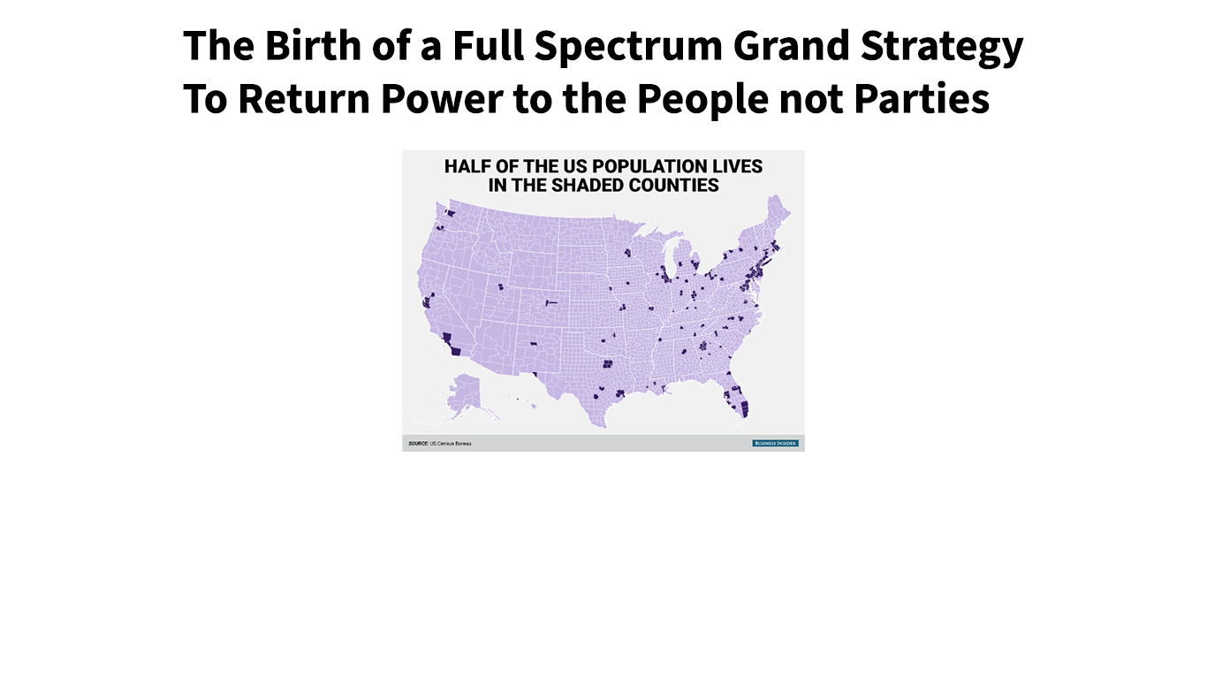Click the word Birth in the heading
pos(285,46)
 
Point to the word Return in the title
pos(304,99)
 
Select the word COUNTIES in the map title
pos(677,186)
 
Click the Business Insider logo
pos(775,443)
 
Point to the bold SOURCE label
pos(418,443)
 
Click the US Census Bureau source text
pos(451,443)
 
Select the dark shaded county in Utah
pos(501,286)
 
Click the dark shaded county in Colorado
pos(550,303)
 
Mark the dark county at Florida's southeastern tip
pos(743,408)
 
